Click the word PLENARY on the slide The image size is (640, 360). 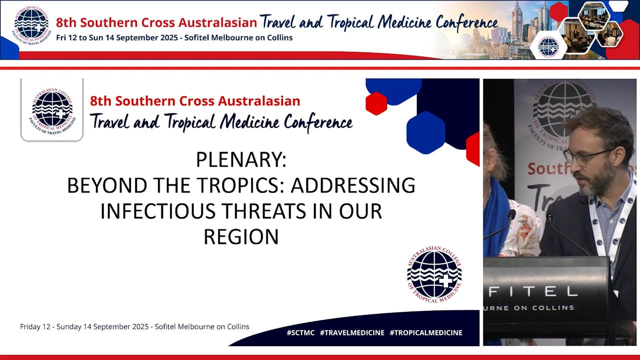click(241, 160)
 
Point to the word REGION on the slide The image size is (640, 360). click(241, 236)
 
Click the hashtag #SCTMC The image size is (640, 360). click(300, 332)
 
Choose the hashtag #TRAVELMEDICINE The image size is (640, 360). click(352, 332)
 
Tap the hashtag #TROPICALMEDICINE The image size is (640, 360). click(425, 332)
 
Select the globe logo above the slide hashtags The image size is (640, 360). click(434, 274)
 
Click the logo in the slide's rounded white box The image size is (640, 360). click(52, 109)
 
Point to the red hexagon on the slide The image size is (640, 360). click(376, 103)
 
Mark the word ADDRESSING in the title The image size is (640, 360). click(352, 185)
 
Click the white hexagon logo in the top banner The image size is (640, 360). click(548, 46)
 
